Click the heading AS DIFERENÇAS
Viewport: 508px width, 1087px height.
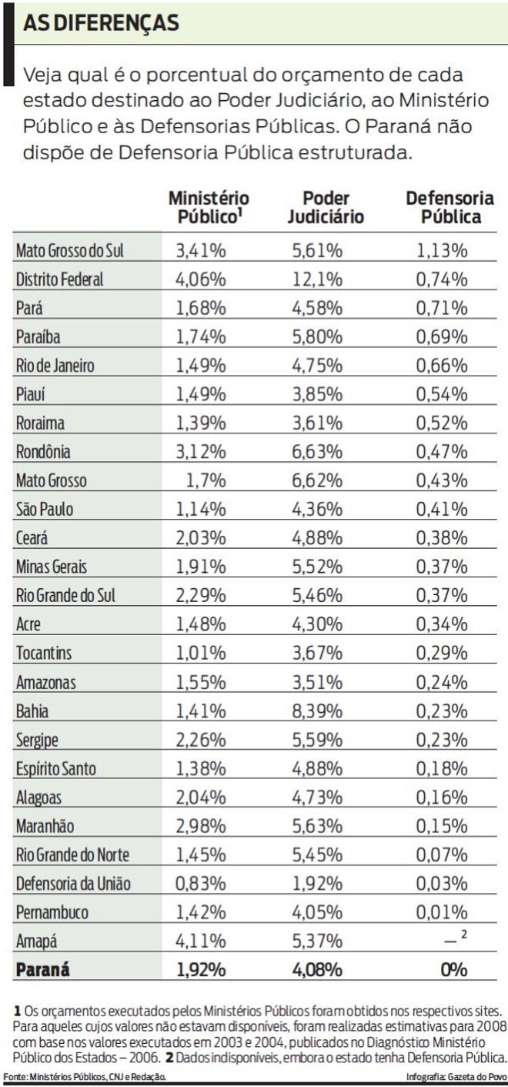point(101,23)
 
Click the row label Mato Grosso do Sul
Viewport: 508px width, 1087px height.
point(69,250)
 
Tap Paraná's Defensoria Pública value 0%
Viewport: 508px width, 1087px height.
point(453,969)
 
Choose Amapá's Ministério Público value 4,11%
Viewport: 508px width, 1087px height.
point(201,941)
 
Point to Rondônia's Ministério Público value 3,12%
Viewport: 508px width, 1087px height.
point(201,452)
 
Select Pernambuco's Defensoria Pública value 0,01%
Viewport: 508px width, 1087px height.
point(442,912)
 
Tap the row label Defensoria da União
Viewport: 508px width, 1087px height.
point(73,884)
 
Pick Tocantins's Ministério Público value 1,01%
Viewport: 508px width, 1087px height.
point(201,654)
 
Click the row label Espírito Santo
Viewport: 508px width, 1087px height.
point(58,768)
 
